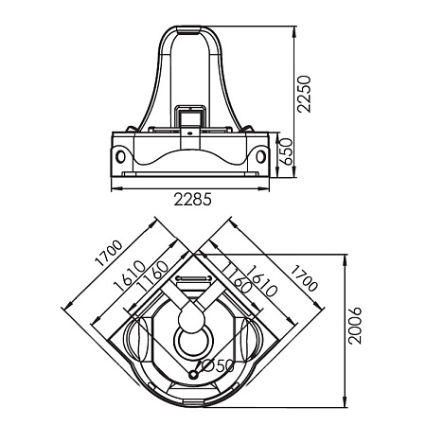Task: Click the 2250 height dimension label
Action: click(304, 94)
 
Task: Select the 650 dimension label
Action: click(287, 151)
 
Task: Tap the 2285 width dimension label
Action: click(192, 200)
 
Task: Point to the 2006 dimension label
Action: click(355, 326)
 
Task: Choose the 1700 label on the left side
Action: click(108, 253)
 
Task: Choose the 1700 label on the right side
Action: click(304, 278)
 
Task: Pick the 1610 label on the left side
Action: click(130, 275)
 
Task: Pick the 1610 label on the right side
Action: click(261, 281)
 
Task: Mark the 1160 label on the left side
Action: click(152, 276)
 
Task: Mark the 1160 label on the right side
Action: click(236, 276)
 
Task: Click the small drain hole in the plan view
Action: click(193, 375)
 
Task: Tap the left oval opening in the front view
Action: click(120, 156)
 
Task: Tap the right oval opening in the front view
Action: click(260, 156)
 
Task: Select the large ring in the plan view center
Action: click(175, 342)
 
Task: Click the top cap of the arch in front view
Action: click(189, 30)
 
